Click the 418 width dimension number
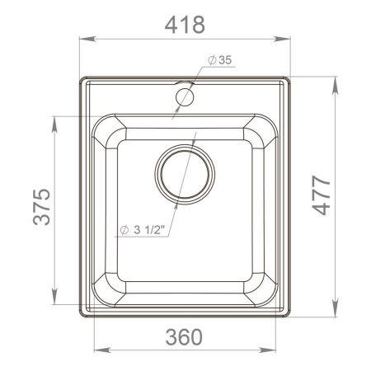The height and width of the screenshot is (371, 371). [x=185, y=25]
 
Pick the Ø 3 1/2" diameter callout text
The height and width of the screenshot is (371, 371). [x=143, y=230]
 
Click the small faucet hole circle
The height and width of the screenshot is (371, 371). [x=185, y=97]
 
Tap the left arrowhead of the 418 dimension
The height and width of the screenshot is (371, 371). [x=84, y=39]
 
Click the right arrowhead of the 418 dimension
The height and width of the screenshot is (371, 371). [x=289, y=39]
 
